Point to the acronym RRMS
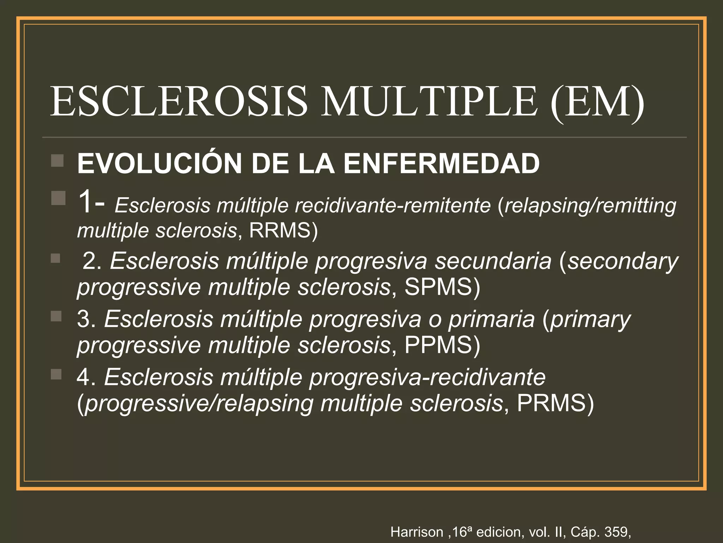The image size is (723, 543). [x=283, y=230]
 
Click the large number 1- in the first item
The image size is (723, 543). [x=91, y=203]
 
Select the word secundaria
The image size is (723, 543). [x=493, y=261]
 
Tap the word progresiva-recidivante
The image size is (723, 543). [x=427, y=377]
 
